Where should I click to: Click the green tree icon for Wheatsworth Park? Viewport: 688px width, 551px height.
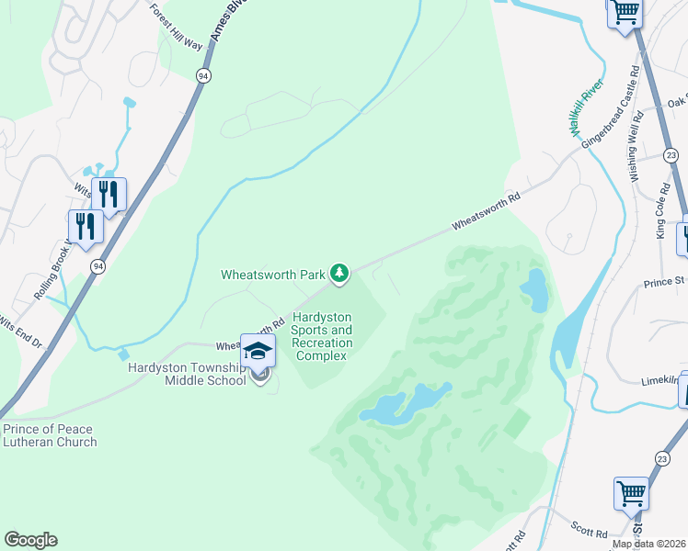click(x=339, y=273)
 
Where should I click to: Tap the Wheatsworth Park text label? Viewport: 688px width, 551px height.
click(x=273, y=274)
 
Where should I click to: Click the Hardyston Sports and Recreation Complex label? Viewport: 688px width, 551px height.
click(x=322, y=336)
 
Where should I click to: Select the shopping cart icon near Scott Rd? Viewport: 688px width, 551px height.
click(x=631, y=492)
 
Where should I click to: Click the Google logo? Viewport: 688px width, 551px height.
click(x=30, y=540)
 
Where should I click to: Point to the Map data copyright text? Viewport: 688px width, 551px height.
click(x=649, y=544)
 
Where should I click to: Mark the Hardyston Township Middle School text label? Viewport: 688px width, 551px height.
click(x=187, y=374)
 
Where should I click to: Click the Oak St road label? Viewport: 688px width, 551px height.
click(x=678, y=102)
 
